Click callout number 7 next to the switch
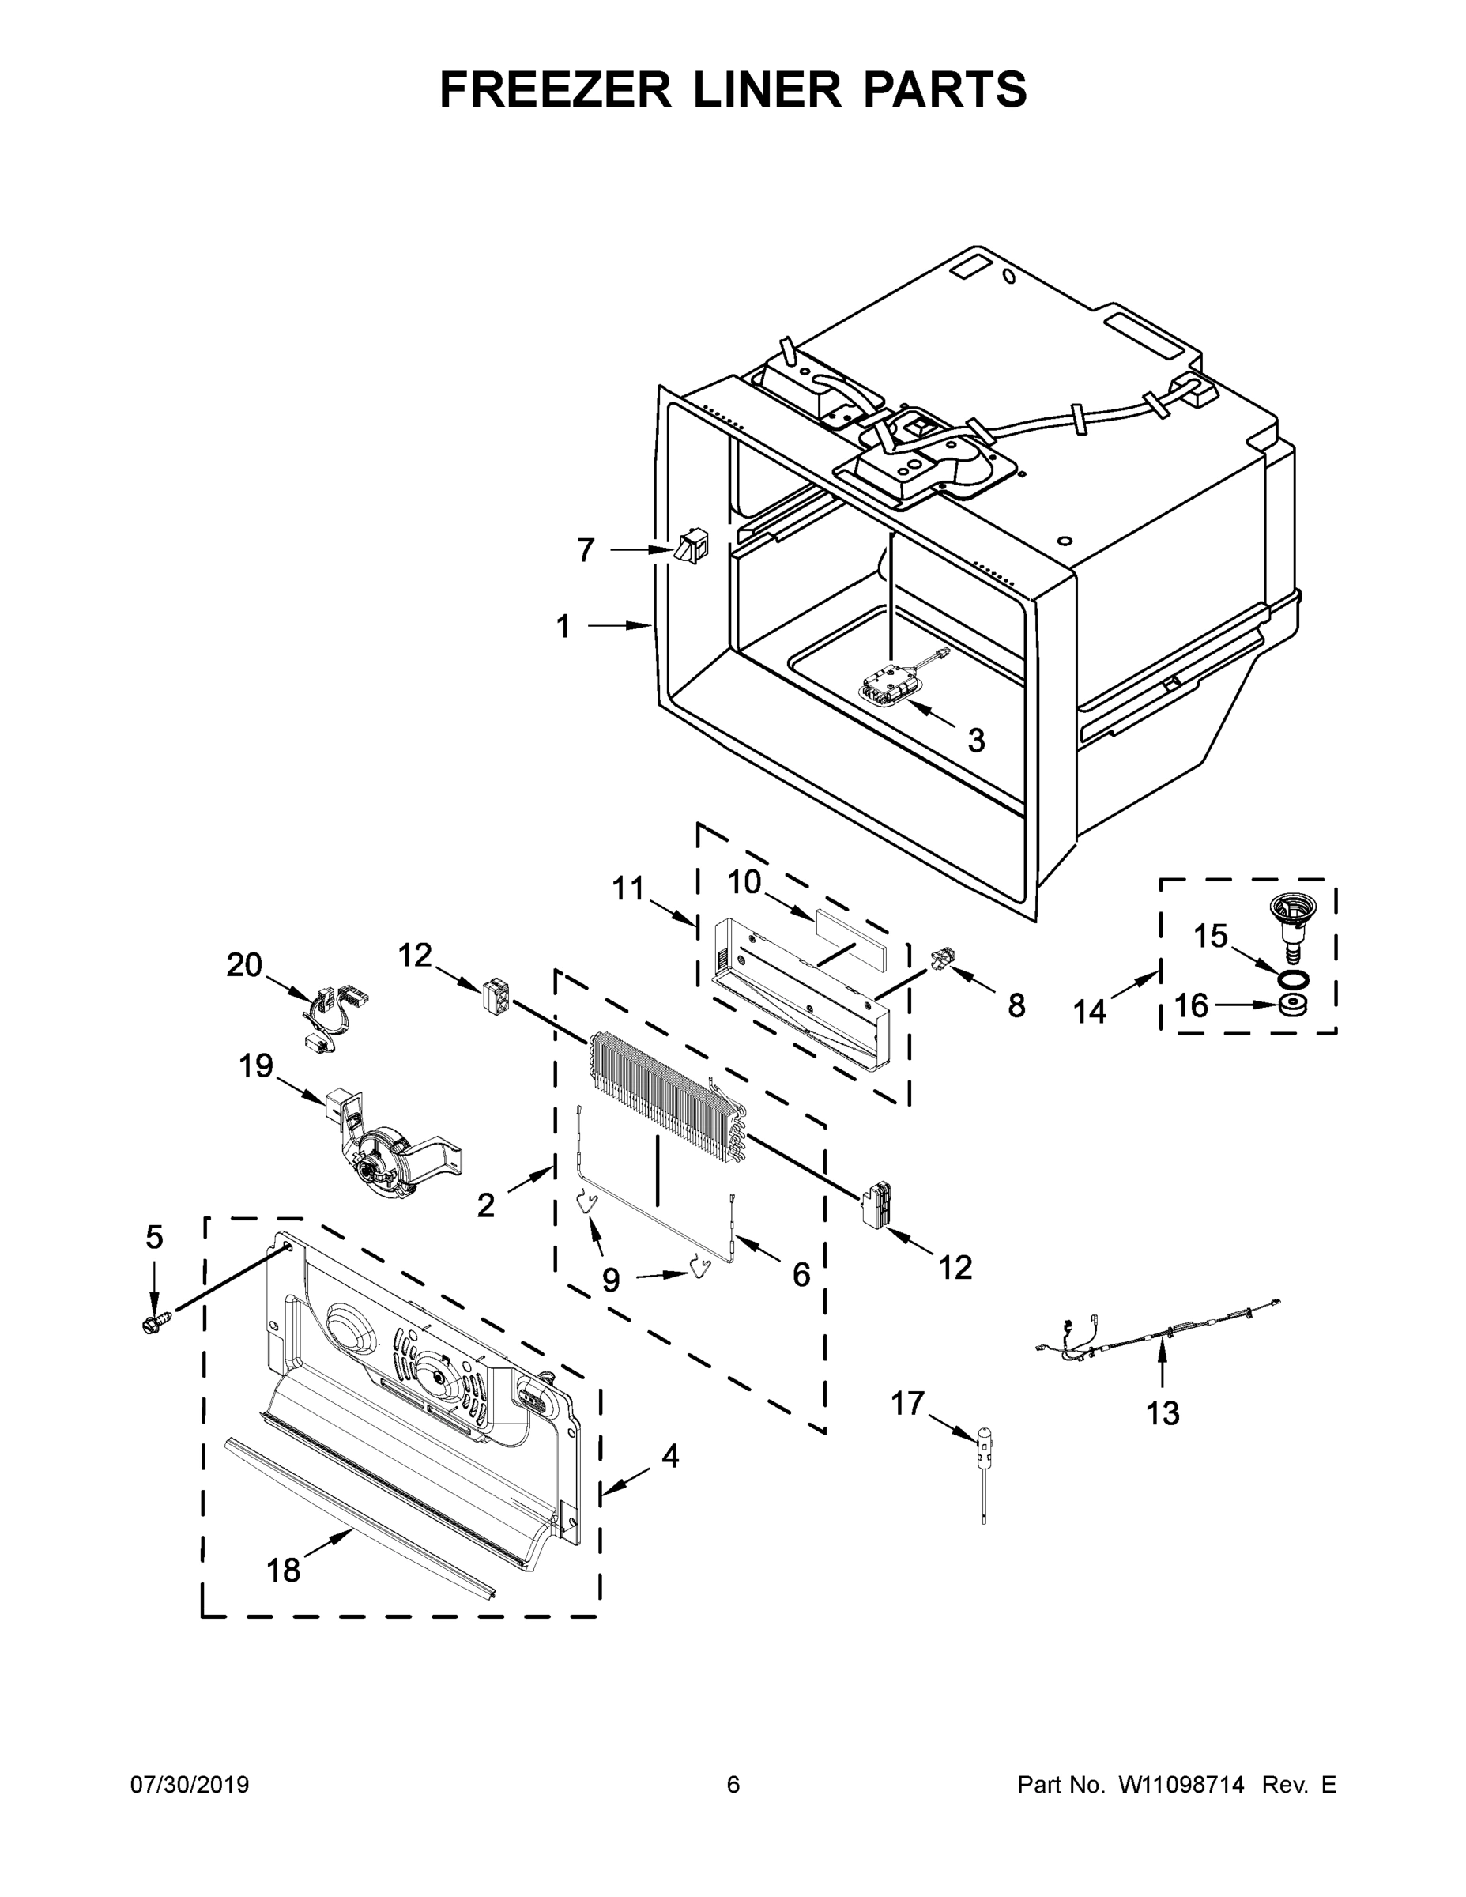(586, 550)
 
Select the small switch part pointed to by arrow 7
(692, 546)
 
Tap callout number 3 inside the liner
(976, 741)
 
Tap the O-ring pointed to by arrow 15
(1294, 979)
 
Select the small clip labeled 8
(940, 959)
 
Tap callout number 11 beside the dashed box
(628, 888)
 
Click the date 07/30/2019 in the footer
(190, 1785)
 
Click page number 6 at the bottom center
(733, 1785)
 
